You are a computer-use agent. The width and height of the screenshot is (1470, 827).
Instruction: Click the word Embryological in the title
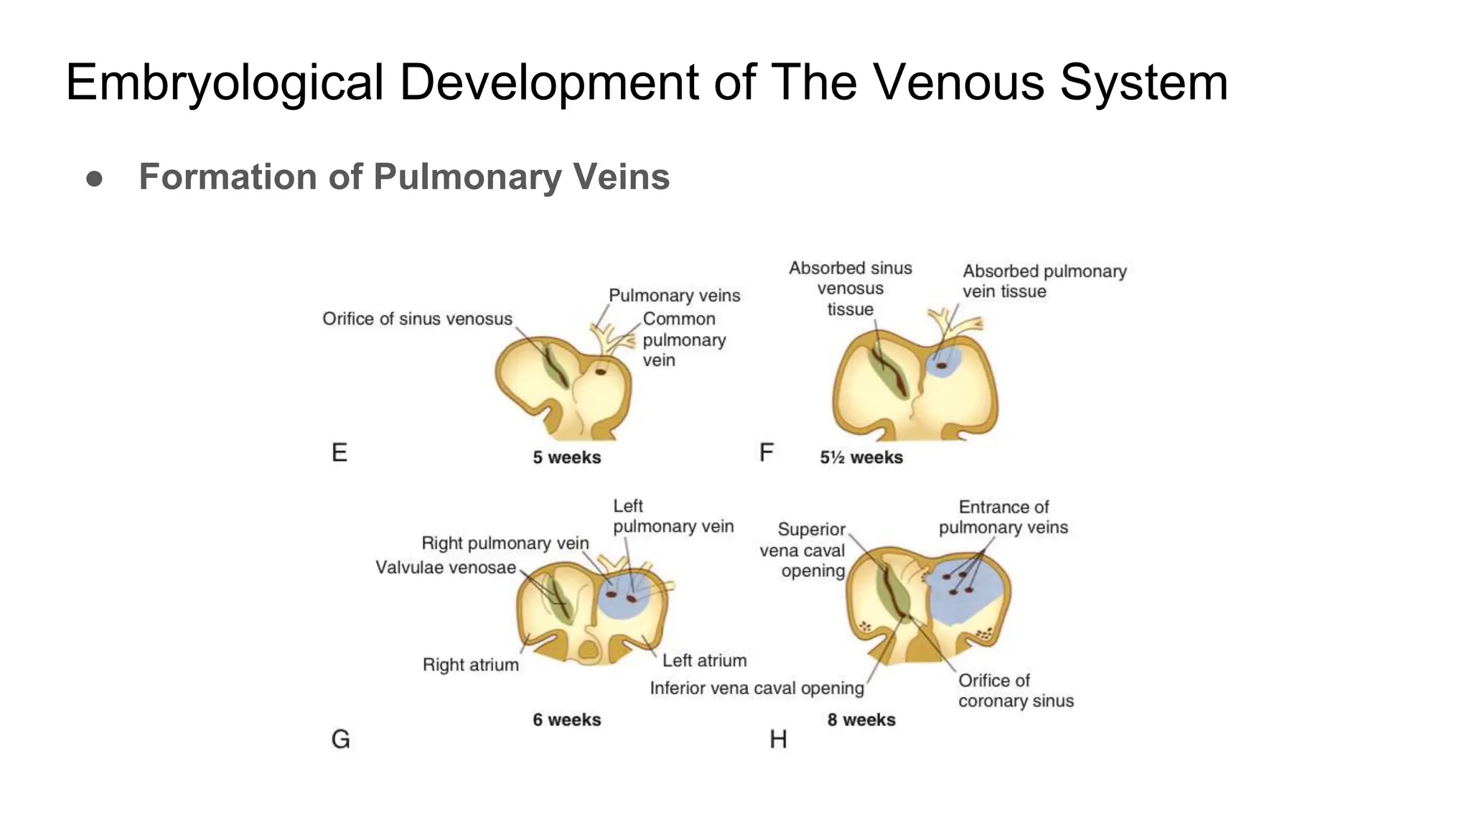225,83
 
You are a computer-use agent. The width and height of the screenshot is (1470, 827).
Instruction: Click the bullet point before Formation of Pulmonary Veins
94,178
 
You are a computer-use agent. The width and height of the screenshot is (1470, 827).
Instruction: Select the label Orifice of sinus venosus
417,319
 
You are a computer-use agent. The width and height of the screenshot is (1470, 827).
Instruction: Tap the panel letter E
340,452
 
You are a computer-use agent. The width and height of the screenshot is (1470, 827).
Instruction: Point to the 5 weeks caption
566,457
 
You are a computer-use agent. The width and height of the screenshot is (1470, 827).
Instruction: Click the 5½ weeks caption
861,457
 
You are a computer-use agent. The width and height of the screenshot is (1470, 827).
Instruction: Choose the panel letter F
766,452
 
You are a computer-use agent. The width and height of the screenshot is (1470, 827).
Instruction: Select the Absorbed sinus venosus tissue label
850,289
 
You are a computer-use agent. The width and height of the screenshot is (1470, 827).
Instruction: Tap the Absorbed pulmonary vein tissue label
1044,281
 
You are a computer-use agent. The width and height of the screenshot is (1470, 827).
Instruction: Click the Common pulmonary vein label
683,340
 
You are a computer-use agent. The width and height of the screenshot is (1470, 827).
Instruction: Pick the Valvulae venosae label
446,568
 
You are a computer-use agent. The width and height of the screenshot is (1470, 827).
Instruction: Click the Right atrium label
470,665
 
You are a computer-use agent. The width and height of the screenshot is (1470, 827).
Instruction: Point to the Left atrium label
704,660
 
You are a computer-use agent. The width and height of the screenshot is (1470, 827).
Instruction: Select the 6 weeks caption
566,720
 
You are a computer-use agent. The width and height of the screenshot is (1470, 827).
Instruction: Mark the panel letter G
340,739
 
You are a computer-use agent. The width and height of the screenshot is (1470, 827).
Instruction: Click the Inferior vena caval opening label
757,688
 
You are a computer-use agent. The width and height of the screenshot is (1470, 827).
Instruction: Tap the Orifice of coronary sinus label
1016,691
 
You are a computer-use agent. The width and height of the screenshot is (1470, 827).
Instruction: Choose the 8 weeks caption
861,720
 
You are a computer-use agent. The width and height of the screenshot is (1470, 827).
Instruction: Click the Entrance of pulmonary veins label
1003,518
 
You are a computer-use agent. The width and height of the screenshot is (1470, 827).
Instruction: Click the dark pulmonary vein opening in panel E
601,372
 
